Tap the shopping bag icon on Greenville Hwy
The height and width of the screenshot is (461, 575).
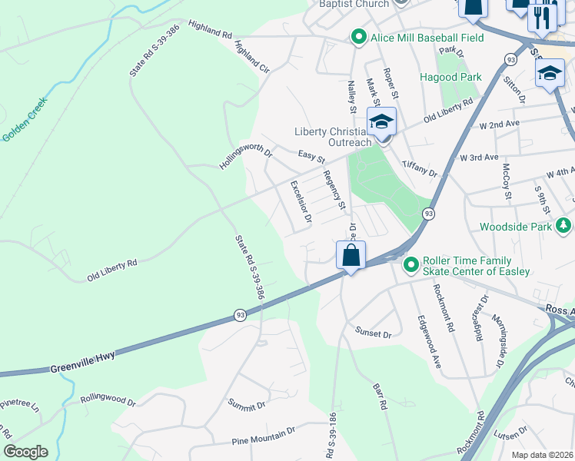(351, 255)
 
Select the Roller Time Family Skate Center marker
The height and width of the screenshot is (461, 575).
(410, 264)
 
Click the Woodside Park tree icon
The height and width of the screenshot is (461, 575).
(564, 225)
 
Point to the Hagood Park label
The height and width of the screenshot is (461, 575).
(450, 77)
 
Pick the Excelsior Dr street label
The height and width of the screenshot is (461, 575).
(301, 201)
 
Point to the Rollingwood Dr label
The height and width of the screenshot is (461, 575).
(108, 401)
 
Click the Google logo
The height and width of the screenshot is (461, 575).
(25, 452)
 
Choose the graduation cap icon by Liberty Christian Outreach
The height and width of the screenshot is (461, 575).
(381, 122)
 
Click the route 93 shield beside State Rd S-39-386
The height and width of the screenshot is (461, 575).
(239, 315)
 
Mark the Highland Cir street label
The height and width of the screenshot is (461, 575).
(253, 57)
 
